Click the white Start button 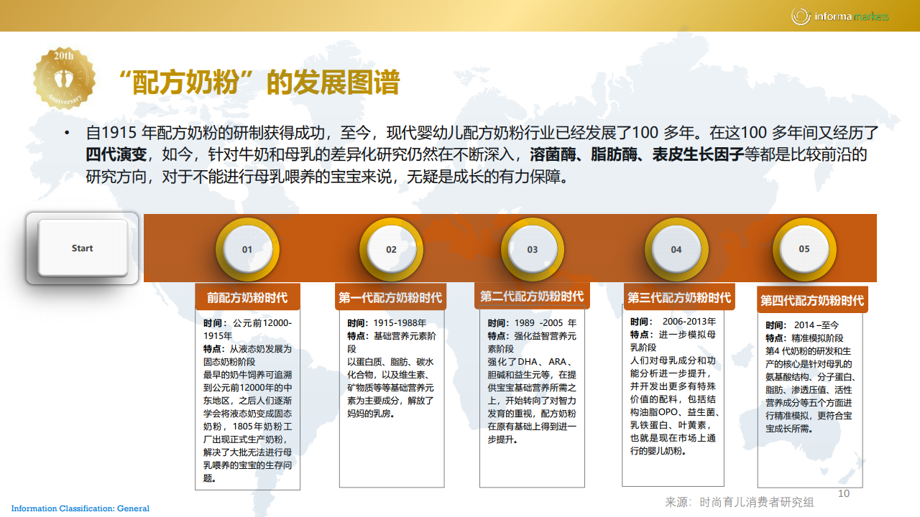83,248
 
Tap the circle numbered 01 247,249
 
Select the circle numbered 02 391,249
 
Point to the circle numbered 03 533,249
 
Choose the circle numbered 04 676,249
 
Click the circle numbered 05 804,249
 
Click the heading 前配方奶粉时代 247,297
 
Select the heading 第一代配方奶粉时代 390,297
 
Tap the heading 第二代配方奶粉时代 532,296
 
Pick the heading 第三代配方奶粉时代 679,297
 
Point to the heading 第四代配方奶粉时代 812,300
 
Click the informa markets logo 840,17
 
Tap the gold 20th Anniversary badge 64,78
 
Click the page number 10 844,493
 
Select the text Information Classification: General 80,508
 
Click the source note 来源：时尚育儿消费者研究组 740,502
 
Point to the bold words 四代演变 116,154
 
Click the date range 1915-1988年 400,323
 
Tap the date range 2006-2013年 689,321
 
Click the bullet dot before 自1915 67,133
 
